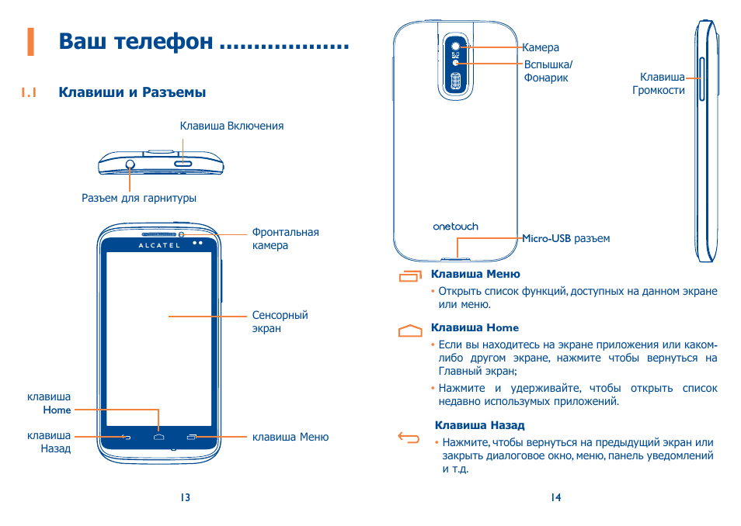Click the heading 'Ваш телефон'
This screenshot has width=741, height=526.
click(136, 41)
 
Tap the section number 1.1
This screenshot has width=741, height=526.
click(30, 93)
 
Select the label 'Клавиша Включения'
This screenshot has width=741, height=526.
click(231, 126)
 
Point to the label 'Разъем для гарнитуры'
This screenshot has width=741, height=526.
click(139, 198)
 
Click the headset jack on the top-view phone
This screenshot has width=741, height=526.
click(130, 164)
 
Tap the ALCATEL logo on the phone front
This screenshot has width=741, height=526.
click(159, 245)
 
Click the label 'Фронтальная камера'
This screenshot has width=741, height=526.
click(285, 239)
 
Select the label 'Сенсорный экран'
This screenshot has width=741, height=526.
click(280, 322)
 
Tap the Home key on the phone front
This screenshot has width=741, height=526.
click(159, 438)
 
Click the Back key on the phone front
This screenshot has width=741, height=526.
click(127, 438)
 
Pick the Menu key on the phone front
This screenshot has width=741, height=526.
click(192, 438)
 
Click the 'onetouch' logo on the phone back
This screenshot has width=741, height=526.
click(455, 227)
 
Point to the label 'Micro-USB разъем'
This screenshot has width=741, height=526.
click(565, 239)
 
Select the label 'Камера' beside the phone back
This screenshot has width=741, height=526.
click(541, 48)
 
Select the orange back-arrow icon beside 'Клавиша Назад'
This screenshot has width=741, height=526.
click(408, 438)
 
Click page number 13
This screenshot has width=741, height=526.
click(185, 497)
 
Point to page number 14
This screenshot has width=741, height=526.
click(555, 497)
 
